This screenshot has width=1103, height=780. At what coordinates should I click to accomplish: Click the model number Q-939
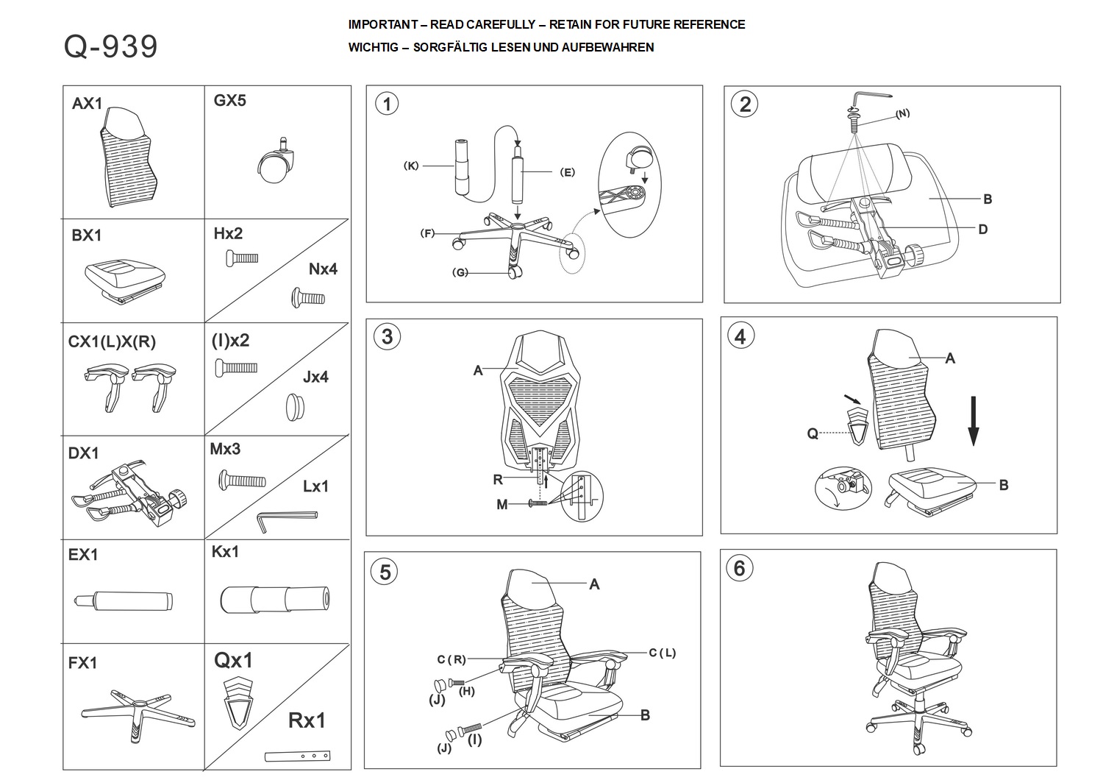click(110, 46)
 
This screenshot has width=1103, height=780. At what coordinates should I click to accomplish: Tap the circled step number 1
click(387, 104)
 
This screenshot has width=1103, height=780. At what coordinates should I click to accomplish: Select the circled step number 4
click(740, 336)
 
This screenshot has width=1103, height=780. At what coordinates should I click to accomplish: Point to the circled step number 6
click(739, 568)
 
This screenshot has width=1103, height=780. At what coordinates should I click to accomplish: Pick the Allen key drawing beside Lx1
click(286, 519)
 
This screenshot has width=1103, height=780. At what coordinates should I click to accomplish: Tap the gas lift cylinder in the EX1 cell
click(124, 600)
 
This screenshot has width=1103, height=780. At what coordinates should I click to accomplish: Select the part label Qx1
click(233, 660)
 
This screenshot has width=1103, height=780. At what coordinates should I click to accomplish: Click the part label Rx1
click(306, 720)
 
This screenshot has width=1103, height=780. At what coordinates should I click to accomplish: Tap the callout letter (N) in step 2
click(902, 113)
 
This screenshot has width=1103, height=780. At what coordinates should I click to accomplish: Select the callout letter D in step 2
click(983, 229)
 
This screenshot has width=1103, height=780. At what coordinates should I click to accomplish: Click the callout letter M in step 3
click(501, 504)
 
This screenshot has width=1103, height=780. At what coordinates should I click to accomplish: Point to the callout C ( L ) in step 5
click(662, 653)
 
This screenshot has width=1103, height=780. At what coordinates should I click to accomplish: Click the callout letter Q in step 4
click(813, 433)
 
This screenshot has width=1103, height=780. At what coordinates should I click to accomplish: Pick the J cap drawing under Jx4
click(296, 406)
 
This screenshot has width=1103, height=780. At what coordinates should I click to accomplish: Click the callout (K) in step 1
click(411, 166)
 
